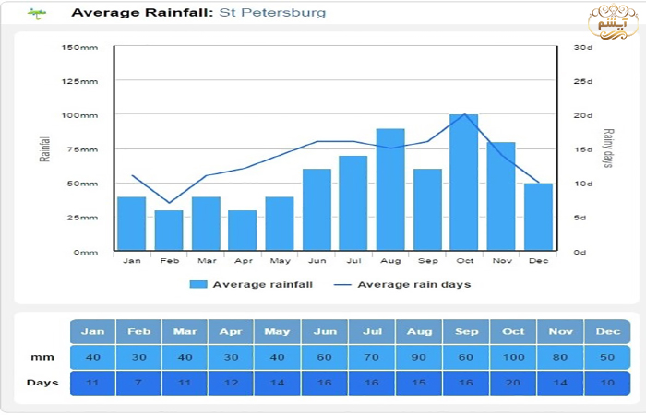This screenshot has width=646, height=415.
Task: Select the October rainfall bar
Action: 464,183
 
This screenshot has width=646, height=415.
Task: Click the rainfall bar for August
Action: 390,190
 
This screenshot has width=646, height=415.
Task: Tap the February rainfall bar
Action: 169,231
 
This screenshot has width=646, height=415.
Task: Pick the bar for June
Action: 317,209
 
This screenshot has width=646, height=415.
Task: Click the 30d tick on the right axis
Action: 582,47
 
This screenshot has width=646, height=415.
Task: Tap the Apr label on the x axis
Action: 243,262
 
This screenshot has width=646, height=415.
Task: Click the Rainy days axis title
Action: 608,149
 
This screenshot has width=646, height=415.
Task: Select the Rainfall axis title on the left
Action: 44,149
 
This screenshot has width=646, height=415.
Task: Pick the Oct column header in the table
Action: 513,331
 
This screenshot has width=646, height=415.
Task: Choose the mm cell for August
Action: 419,357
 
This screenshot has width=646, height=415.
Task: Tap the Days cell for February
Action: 139,383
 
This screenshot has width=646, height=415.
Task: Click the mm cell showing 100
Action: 513,357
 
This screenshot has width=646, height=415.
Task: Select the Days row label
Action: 42,383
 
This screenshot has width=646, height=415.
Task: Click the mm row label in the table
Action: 42,357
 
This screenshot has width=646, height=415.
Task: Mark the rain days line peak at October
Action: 464,114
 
